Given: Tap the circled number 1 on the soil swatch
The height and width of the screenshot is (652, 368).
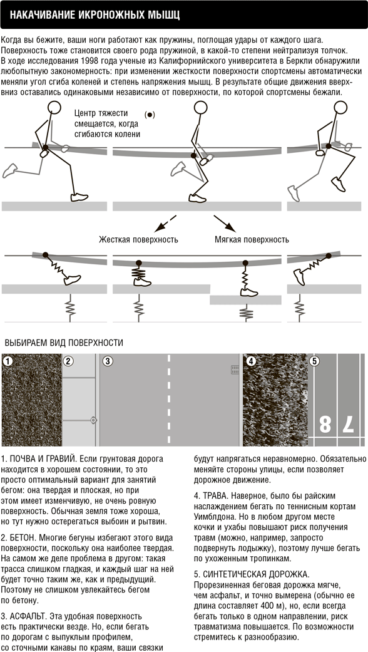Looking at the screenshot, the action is pyautogui.click(x=8, y=361).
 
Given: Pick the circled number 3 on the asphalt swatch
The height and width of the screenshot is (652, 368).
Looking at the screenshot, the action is pyautogui.click(x=108, y=361).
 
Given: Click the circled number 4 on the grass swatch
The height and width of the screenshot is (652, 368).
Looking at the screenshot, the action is pyautogui.click(x=250, y=361).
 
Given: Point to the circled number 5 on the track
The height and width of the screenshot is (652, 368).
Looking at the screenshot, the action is pyautogui.click(x=314, y=361).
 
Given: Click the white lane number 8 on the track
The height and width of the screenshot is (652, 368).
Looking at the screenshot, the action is pyautogui.click(x=325, y=425).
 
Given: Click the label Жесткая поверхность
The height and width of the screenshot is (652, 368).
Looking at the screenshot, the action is pyautogui.click(x=138, y=240).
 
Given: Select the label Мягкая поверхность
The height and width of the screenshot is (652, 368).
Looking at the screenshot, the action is pyautogui.click(x=252, y=240).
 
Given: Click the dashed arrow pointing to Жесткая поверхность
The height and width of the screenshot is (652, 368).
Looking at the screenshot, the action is pyautogui.click(x=165, y=224).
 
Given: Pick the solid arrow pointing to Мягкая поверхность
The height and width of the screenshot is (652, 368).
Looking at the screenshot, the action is pyautogui.click(x=225, y=224).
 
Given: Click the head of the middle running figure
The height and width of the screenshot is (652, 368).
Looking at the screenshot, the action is pyautogui.click(x=201, y=108).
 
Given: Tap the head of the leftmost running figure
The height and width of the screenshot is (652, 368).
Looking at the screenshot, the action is pyautogui.click(x=54, y=108).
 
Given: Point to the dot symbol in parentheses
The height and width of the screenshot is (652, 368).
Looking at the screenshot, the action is pyautogui.click(x=150, y=115).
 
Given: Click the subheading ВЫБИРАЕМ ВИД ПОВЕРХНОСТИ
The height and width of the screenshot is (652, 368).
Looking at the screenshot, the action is pyautogui.click(x=64, y=343).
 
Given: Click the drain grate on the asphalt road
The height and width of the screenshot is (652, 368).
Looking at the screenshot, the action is pyautogui.click(x=235, y=370).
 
